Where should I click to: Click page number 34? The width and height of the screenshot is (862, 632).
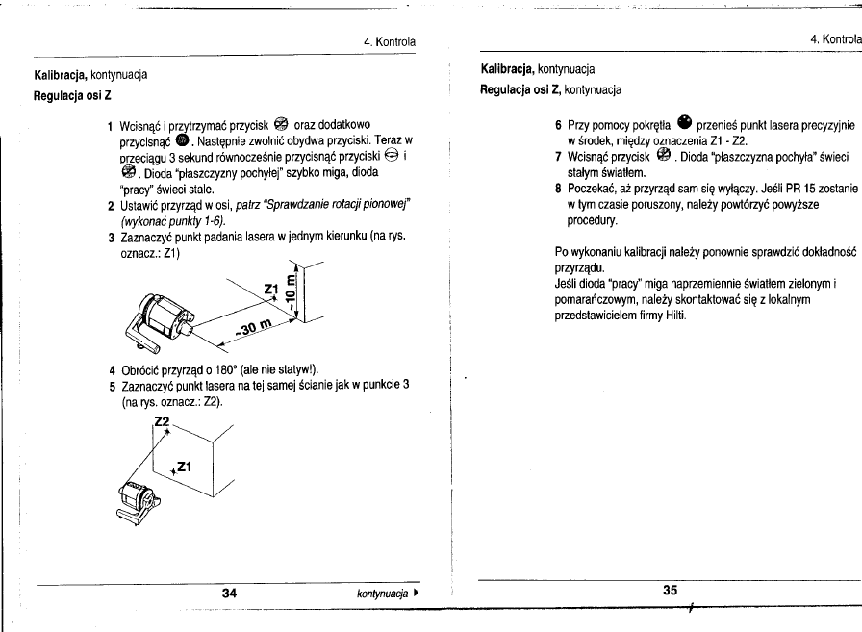[230, 594]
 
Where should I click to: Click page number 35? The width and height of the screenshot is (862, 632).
[671, 592]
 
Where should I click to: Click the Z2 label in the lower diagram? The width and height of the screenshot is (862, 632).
[162, 422]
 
